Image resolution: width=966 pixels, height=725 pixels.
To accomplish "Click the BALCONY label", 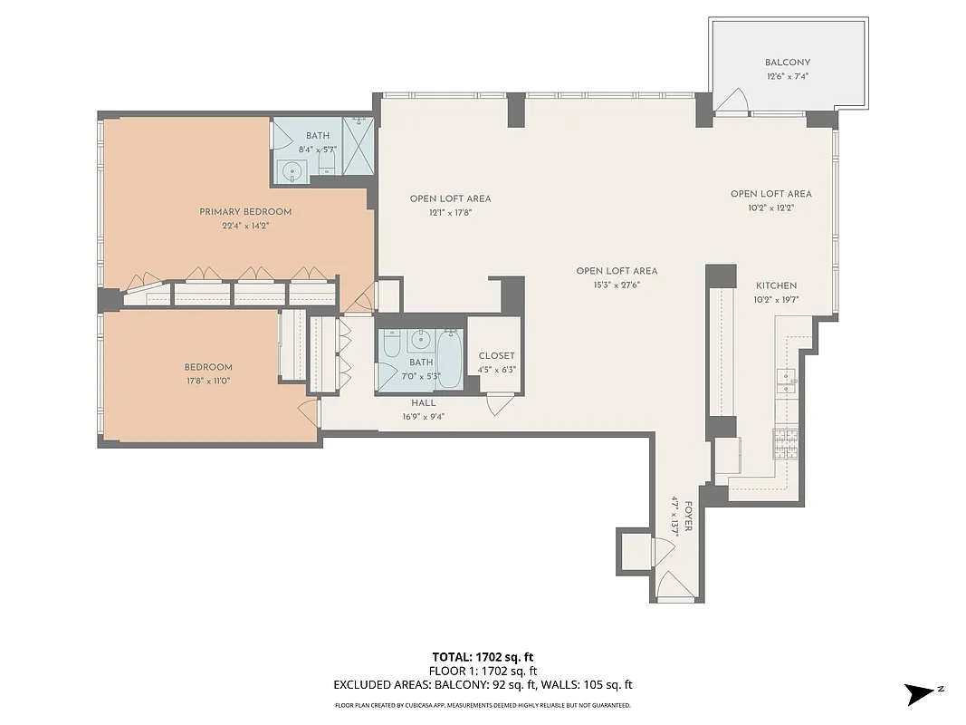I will coord(787,63).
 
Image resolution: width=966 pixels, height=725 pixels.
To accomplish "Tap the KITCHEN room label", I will coord(775,286).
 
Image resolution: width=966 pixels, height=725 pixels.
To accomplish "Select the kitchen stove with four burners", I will coord(785,443).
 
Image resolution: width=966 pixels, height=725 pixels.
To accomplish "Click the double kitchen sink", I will coord(787,378).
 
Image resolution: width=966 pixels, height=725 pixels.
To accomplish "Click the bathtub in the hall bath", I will coord(449,358).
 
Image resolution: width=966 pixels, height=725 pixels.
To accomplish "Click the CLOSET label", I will coord(496,356).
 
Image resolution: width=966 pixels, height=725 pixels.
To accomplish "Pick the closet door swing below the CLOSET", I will coord(498,404).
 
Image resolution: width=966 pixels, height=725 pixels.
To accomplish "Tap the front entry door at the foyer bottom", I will coord(674,587).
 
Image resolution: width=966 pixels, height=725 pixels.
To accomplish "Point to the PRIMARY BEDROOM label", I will coord(245,212).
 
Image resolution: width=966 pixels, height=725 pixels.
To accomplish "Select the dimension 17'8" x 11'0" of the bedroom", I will coord(208,381).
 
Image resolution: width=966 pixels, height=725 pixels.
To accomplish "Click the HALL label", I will coord(424,403).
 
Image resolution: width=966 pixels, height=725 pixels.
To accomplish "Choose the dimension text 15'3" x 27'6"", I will coord(617,285).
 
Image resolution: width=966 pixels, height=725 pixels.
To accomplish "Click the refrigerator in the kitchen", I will coord(728,459).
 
